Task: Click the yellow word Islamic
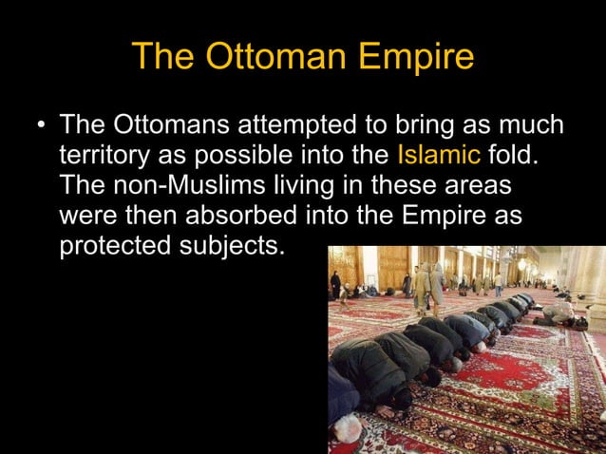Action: coord(439,154)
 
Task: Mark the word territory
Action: coord(102,154)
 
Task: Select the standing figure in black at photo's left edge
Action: coord(335,284)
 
